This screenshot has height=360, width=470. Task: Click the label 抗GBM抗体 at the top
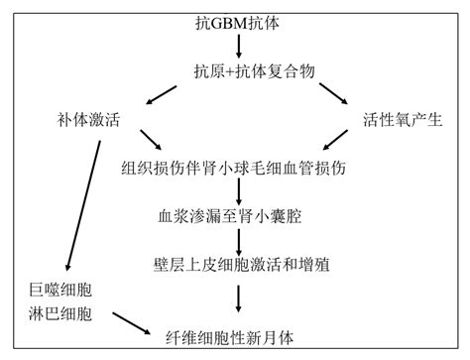coord(234,21)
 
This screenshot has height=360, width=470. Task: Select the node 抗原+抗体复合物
coord(238,69)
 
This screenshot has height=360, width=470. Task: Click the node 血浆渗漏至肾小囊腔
coord(238,212)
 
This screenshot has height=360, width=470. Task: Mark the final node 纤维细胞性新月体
coord(236,337)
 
